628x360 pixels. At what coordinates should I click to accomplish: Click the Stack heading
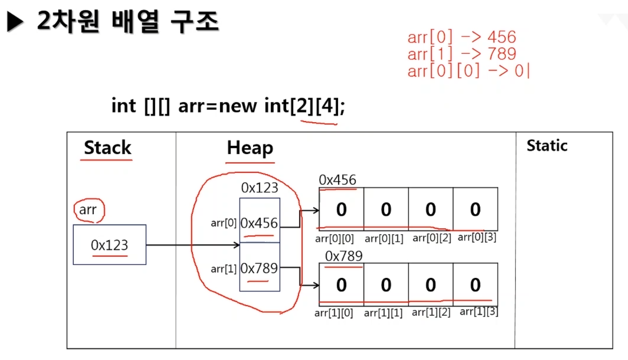(107, 148)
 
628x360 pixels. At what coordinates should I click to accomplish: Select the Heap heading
(250, 148)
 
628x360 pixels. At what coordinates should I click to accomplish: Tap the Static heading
(547, 146)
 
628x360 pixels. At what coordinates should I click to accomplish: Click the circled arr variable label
(88, 210)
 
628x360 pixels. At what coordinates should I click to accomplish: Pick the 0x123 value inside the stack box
(110, 245)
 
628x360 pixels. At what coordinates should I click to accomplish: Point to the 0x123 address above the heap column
(260, 188)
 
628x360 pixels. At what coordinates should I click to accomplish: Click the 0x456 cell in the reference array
(259, 223)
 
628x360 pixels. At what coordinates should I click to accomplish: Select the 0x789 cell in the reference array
(259, 268)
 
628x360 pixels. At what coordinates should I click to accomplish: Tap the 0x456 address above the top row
(338, 180)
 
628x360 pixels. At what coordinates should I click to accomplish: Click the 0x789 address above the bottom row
(344, 256)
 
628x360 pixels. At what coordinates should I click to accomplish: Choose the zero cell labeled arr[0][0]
(341, 209)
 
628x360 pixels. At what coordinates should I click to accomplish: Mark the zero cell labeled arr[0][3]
(475, 209)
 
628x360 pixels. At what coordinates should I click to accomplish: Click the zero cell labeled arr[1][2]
(431, 285)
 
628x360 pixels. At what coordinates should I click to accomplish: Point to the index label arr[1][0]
(334, 313)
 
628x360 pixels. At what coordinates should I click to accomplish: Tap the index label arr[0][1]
(384, 239)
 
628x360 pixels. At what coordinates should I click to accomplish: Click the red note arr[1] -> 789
(462, 54)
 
